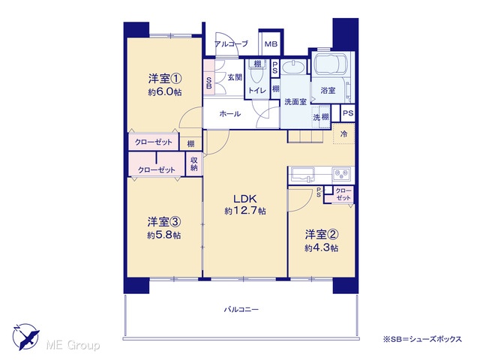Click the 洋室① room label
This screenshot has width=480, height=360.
tap(165, 79)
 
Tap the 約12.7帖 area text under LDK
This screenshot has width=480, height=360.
tap(245, 211)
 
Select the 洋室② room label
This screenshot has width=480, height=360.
tap(322, 235)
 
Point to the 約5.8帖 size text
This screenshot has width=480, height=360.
tap(163, 235)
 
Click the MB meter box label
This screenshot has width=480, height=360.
tap(271, 44)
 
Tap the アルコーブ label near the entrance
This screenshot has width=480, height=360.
tap(231, 44)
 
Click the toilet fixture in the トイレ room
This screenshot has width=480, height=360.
tap(256, 75)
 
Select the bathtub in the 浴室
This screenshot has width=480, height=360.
tap(330, 64)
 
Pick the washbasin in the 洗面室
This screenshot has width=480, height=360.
tap(293, 67)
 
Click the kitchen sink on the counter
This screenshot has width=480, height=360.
tap(302, 175)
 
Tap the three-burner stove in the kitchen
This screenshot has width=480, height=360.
tap(343, 175)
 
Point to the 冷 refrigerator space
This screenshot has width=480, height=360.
tap(343, 133)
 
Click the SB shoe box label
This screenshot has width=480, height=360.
tap(209, 82)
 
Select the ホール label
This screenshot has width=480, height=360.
tap(230, 114)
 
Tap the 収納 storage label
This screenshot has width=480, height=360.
tap(194, 163)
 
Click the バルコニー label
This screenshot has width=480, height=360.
tap(241, 310)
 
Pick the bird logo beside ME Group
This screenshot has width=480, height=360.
tap(25, 337)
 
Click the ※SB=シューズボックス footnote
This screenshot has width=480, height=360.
tap(422, 339)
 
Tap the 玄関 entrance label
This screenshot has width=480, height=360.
tap(235, 77)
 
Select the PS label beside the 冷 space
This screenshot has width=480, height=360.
tap(348, 113)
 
